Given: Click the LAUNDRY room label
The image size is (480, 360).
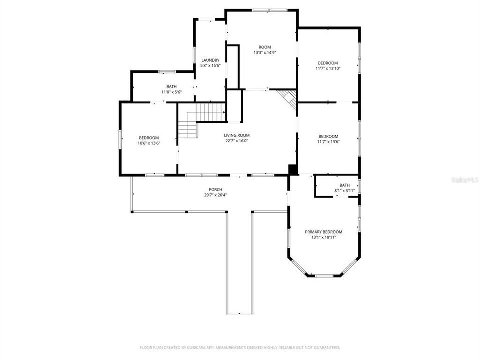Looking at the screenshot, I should pyautogui.click(x=210, y=60).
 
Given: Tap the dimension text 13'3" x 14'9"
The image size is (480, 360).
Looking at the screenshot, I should pyautogui.click(x=265, y=52).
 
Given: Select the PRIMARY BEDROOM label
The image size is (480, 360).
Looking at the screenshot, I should pyautogui.click(x=324, y=232).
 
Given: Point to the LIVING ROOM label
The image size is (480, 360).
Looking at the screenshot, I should pyautogui.click(x=236, y=135).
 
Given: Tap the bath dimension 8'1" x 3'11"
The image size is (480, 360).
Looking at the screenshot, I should pyautogui.click(x=344, y=191).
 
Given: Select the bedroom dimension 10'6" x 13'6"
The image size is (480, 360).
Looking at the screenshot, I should pyautogui.click(x=149, y=143).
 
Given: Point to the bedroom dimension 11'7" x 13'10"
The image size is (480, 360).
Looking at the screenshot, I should pyautogui.click(x=328, y=69).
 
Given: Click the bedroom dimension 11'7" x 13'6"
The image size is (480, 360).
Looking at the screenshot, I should pyautogui.click(x=328, y=142).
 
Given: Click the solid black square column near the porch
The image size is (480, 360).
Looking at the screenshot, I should pyautogui.click(x=293, y=169).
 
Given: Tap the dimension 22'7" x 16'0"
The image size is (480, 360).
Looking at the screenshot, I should pyautogui.click(x=236, y=141).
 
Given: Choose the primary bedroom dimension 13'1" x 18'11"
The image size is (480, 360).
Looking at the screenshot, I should pyautogui.click(x=324, y=237).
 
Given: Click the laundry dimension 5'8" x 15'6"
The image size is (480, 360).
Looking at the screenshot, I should pyautogui.click(x=210, y=66).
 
